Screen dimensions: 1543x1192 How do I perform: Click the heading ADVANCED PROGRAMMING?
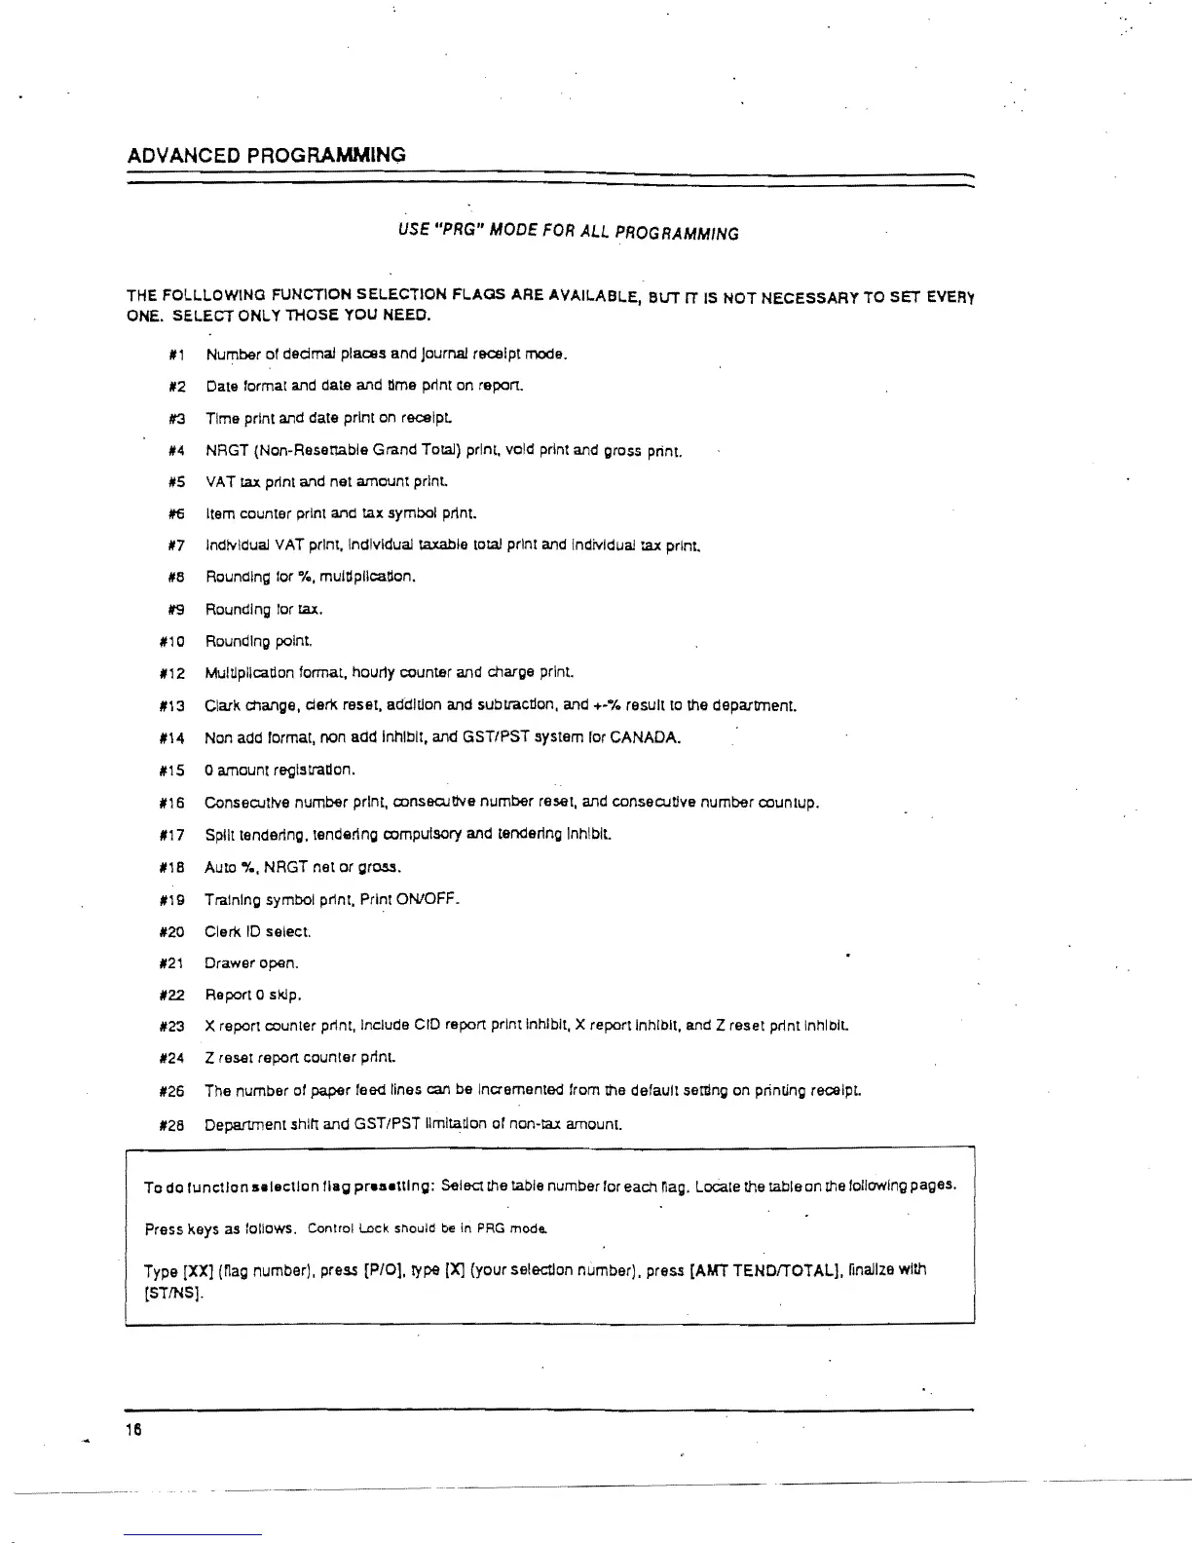(x=267, y=155)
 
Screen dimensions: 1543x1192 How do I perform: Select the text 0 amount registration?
(x=266, y=771)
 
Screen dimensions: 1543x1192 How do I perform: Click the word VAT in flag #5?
(x=216, y=482)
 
